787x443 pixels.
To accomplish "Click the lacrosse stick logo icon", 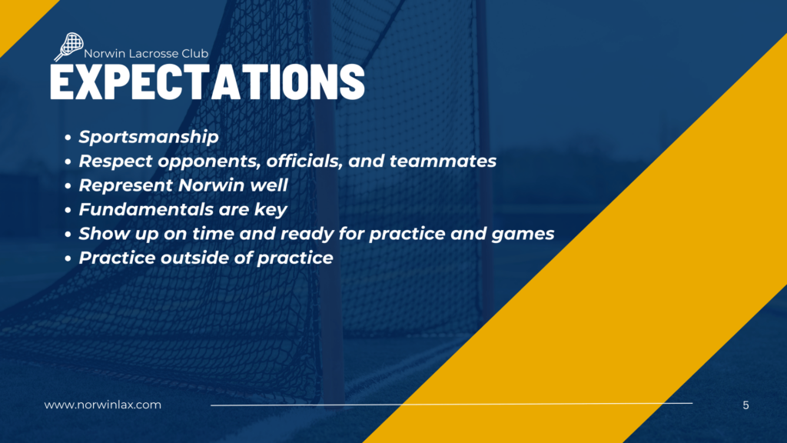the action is [68, 47].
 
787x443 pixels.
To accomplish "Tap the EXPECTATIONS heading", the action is [208, 82].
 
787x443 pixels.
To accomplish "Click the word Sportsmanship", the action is [148, 137].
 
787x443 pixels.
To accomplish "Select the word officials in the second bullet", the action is [304, 161].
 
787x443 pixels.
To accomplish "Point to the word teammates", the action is [443, 162].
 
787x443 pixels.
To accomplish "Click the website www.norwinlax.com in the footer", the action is [103, 405].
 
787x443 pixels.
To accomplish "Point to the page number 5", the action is [745, 405].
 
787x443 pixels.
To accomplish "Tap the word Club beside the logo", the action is [194, 54].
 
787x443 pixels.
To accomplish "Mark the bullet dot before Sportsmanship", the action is [68, 138].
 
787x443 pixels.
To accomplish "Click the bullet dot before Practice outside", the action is [68, 258].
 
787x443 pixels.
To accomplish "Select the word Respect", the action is [115, 162].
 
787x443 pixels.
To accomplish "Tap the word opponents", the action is [209, 162].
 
